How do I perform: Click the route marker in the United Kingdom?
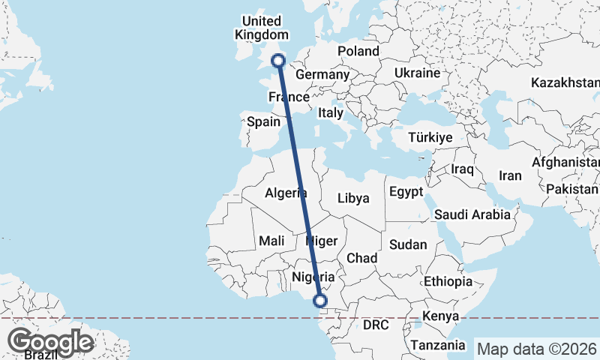(x=278, y=61)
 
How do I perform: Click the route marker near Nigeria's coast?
(x=320, y=301)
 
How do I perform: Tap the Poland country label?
(x=358, y=51)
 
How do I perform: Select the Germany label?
(x=322, y=75)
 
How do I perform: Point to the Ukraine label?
(x=416, y=73)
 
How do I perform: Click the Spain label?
(x=263, y=121)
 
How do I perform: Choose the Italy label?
(x=331, y=112)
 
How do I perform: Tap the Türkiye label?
(x=430, y=138)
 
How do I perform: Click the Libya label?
(x=354, y=199)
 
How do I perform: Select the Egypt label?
(x=406, y=192)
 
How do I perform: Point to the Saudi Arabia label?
(x=472, y=214)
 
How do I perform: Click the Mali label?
(x=271, y=241)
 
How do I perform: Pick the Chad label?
(x=361, y=258)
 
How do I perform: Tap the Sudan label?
(x=409, y=244)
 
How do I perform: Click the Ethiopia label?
(x=448, y=282)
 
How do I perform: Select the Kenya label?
(x=440, y=316)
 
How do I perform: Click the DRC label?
(x=375, y=326)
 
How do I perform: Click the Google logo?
(x=51, y=342)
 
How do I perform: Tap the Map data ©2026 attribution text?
(x=538, y=349)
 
